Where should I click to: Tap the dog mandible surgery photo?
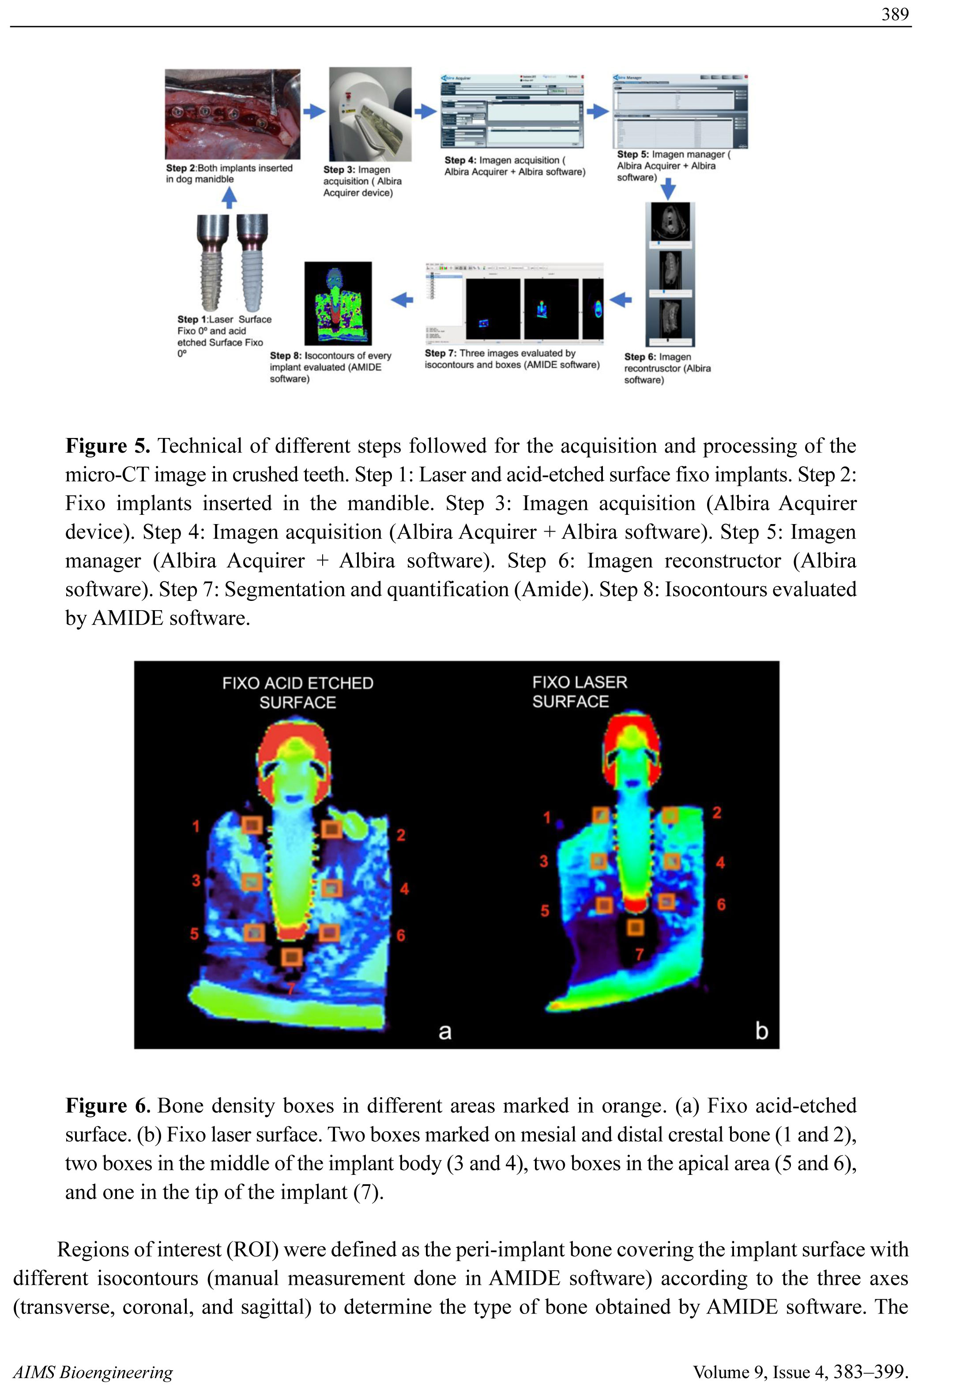click(232, 114)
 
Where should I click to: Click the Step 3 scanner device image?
click(370, 114)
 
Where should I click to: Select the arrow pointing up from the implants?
click(229, 198)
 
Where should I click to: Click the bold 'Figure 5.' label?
click(108, 446)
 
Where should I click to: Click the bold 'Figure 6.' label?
click(108, 1106)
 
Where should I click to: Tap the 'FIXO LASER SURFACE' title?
click(579, 692)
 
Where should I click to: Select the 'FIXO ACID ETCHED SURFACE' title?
click(298, 692)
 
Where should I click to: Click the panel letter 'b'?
click(761, 1031)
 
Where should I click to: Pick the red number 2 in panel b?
click(716, 813)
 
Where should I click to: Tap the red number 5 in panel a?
click(194, 934)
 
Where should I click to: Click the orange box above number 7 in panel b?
click(636, 928)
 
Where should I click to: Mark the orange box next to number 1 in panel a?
click(252, 825)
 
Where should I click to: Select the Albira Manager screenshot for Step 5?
click(680, 111)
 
